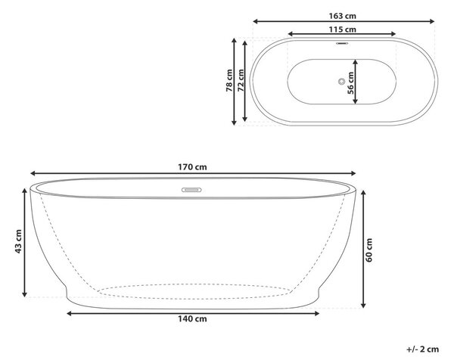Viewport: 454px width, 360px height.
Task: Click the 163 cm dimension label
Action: [342, 16]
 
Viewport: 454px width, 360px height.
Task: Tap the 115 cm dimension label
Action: [342, 29]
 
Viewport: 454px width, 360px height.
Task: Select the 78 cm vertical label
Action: [229, 80]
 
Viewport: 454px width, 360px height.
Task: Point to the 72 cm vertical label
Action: [241, 80]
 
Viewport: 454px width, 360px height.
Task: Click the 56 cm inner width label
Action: [350, 83]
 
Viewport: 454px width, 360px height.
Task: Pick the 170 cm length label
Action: [192, 167]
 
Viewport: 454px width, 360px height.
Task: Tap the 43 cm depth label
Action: [18, 242]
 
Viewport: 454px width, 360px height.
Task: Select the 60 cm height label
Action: [369, 250]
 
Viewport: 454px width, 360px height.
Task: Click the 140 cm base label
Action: [192, 318]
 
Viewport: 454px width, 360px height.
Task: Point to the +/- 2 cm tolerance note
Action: [423, 349]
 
